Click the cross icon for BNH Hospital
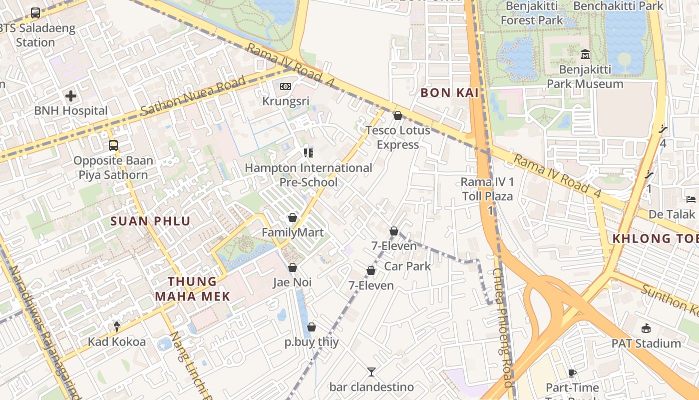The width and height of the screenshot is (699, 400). pyautogui.click(x=71, y=96)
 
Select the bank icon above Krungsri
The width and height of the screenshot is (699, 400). pyautogui.click(x=286, y=86)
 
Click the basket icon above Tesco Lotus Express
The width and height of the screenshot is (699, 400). pyautogui.click(x=398, y=116)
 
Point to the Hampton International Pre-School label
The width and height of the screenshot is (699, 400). pyautogui.click(x=308, y=175)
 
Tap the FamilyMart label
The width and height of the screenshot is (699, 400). pyautogui.click(x=293, y=232)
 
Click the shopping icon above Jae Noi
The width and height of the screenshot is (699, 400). pyautogui.click(x=293, y=267)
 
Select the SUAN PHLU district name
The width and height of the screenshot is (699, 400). pyautogui.click(x=150, y=221)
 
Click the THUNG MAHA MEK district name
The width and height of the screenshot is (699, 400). pyautogui.click(x=192, y=289)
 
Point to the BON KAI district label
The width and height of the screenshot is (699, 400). pyautogui.click(x=449, y=92)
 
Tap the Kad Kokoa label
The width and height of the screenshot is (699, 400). pyautogui.click(x=117, y=342)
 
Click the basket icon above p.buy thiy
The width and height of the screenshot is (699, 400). pyautogui.click(x=312, y=327)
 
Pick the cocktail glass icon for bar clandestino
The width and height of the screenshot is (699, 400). pyautogui.click(x=371, y=371)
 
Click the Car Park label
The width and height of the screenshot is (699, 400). pyautogui.click(x=407, y=266)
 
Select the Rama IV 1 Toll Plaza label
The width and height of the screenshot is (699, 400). pyautogui.click(x=487, y=189)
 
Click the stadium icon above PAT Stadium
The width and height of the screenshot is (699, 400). pyautogui.click(x=646, y=328)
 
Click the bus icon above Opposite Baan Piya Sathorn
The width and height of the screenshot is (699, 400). pyautogui.click(x=113, y=145)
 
